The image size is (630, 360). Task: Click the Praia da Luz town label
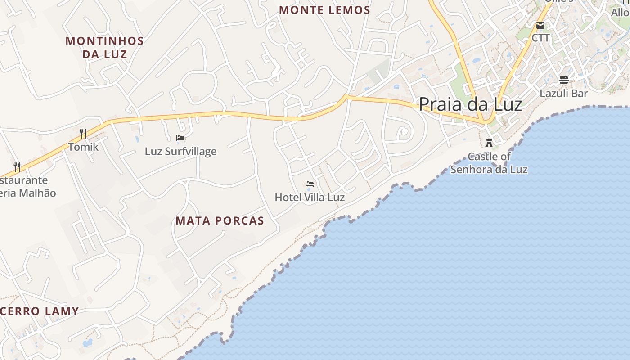470,104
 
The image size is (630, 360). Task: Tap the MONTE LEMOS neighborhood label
324,10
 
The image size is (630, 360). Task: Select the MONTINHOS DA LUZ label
105,47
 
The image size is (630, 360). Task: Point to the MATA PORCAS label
220,220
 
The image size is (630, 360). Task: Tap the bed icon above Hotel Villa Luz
310,184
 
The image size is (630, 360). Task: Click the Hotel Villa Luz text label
310,197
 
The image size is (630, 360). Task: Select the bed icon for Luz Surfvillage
180,138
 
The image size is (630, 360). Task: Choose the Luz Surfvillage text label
180,151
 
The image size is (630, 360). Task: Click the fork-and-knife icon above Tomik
83,133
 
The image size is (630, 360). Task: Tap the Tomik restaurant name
83,147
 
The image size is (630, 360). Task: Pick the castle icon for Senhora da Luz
489,143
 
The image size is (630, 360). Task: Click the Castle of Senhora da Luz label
489,163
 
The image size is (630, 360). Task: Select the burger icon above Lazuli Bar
564,80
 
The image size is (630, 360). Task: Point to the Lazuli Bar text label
564,94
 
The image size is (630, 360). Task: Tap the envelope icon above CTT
540,25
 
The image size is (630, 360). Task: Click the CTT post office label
540,38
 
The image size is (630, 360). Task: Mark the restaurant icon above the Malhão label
17,167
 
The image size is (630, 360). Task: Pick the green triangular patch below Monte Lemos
379,70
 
